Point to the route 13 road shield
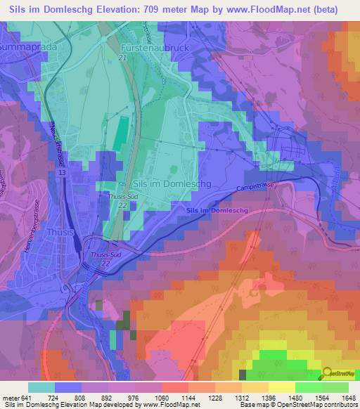(x=63, y=172)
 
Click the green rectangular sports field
(x=122, y=133)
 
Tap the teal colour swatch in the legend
(x=41, y=387)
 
